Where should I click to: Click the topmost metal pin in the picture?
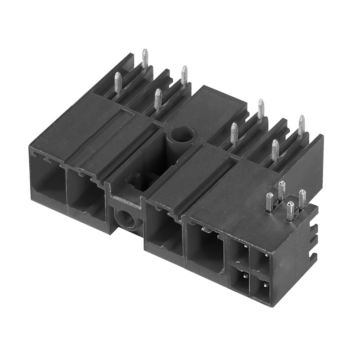pos(145,58)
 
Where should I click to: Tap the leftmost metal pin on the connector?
pos(118,82)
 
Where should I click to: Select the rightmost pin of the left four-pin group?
pos(184,74)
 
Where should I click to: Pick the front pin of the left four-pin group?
pos(158,99)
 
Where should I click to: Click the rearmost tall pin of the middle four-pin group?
pos(261,108)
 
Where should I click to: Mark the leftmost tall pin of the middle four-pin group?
pos(234,133)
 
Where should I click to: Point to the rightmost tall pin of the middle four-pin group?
pos(301,125)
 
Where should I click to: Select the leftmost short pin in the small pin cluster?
pos(269,201)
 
